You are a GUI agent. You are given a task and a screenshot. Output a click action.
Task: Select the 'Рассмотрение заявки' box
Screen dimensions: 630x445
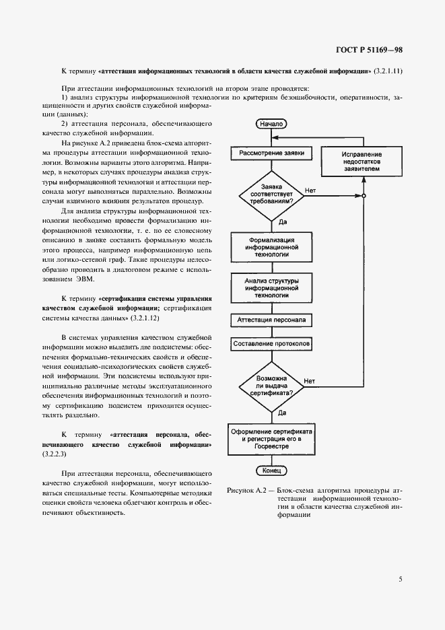coord(271,153)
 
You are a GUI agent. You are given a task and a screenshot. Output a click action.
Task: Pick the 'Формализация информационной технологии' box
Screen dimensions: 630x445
coord(271,247)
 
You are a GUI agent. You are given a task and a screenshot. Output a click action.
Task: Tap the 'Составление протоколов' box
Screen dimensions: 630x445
coord(271,344)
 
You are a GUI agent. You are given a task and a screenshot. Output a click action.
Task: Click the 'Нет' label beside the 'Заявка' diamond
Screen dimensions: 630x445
coord(310,190)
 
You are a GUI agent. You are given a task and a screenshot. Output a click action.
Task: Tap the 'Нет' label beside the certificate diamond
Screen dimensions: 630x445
coord(310,382)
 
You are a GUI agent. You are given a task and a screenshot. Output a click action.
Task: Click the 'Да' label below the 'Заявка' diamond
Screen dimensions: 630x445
coord(283,221)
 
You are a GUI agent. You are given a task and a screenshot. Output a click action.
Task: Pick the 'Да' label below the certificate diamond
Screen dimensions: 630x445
coord(283,412)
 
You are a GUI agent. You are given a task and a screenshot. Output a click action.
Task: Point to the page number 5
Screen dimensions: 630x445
coord(400,578)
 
